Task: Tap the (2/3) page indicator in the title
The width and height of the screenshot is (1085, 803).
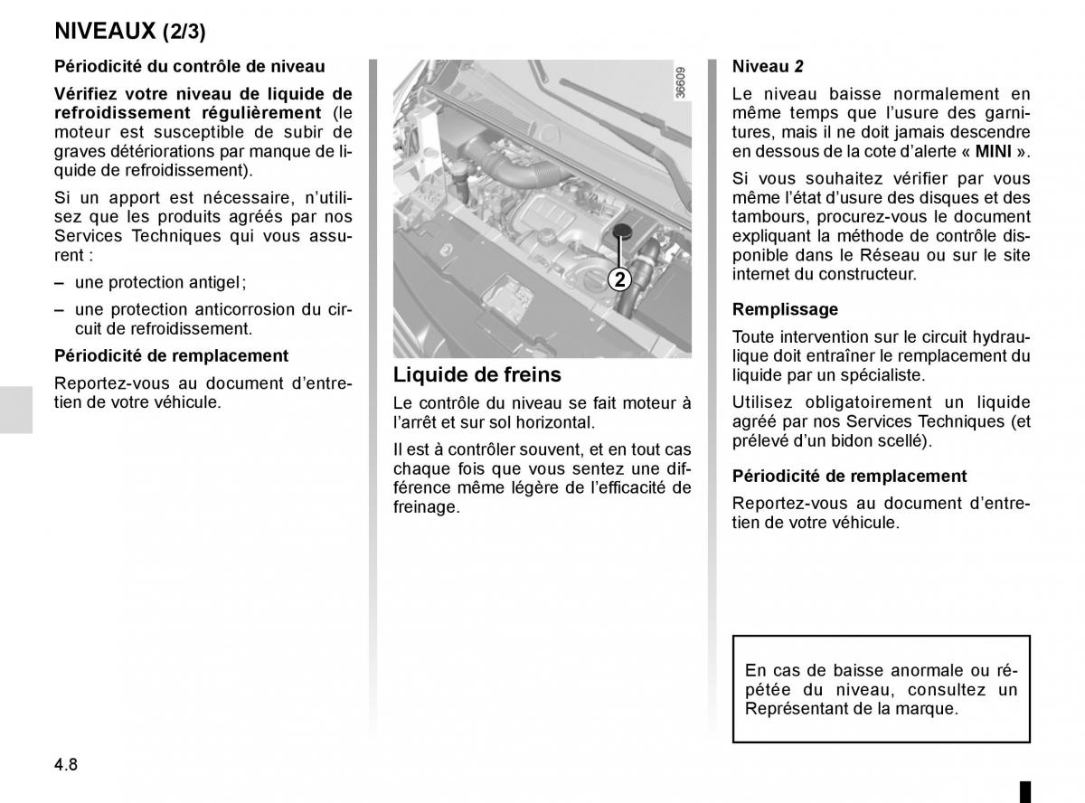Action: point(184,32)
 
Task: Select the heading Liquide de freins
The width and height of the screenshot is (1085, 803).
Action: point(476,374)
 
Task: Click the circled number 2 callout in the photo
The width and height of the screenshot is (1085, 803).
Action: point(619,279)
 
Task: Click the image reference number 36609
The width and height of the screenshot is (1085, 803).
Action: point(681,82)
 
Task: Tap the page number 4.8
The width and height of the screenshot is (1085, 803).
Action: point(66,764)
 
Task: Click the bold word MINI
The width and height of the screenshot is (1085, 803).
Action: point(992,152)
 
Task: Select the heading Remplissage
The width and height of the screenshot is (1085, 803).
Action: point(785,309)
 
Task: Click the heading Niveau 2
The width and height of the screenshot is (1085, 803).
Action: point(768,66)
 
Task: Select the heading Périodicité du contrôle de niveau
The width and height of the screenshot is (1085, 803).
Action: point(189,66)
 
